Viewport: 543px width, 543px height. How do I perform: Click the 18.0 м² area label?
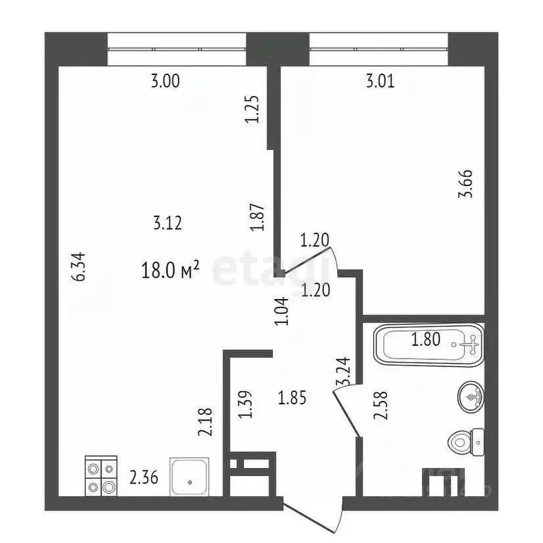click(x=172, y=269)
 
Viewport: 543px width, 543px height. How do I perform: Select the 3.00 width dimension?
click(x=165, y=81)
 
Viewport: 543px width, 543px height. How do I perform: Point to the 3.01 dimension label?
click(x=380, y=81)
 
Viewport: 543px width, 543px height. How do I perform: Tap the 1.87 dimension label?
click(x=257, y=218)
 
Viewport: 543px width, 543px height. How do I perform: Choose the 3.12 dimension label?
click(x=168, y=223)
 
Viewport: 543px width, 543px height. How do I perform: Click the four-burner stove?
click(x=100, y=477)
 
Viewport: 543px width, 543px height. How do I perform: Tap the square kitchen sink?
click(x=190, y=479)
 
